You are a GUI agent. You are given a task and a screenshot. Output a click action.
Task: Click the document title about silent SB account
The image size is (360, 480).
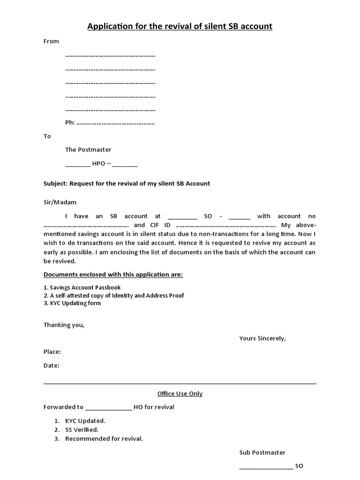180,26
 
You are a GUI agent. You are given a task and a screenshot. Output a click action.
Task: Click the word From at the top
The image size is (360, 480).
51,41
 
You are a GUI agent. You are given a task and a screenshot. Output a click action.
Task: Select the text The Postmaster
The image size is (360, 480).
88,150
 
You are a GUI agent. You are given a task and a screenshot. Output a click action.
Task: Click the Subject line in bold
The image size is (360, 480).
127,183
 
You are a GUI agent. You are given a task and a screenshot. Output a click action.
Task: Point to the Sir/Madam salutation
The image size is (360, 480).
60,202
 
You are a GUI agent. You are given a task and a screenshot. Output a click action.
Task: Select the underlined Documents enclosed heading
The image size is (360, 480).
113,274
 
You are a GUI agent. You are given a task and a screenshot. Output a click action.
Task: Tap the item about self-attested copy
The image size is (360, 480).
114,295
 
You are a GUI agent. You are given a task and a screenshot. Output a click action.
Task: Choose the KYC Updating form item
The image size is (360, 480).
72,303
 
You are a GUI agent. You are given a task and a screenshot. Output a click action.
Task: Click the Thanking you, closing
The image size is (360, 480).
64,325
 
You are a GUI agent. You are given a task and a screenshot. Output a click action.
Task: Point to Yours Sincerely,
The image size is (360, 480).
262,338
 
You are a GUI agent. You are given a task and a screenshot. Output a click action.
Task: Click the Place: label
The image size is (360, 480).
52,352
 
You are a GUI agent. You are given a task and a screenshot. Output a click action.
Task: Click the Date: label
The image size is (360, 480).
52,366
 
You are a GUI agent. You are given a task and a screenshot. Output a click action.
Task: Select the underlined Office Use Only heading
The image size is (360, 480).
180,393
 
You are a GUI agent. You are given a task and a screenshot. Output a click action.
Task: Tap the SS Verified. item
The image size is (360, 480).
82,429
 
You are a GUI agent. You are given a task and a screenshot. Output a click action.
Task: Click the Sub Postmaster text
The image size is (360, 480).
262,452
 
